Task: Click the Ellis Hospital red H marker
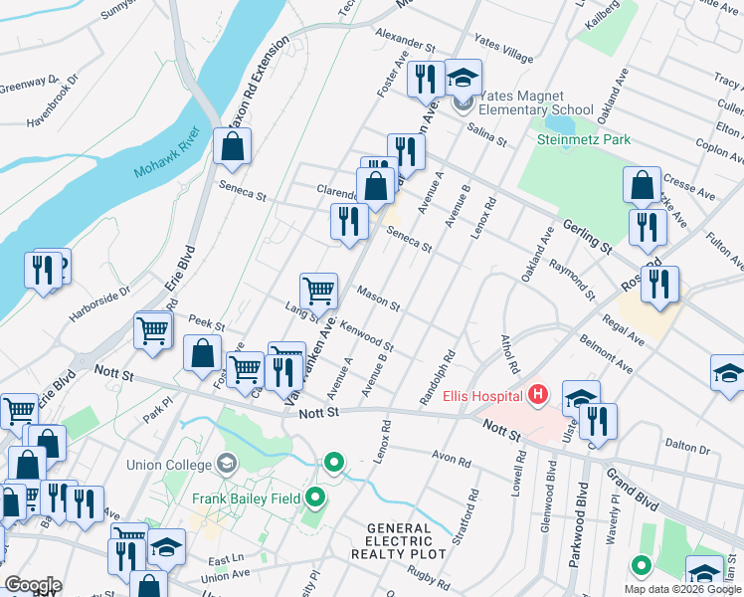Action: point(538,396)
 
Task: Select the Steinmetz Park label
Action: point(583,140)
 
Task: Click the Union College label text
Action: point(170,464)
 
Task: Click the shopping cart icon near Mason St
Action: point(318,291)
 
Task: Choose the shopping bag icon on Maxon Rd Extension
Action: point(232,146)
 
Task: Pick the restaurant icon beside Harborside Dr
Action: point(44,270)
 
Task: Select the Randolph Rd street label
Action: point(439,377)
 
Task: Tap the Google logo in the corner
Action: point(33,585)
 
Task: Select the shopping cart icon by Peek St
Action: point(152,329)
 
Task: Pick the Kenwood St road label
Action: point(367,336)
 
